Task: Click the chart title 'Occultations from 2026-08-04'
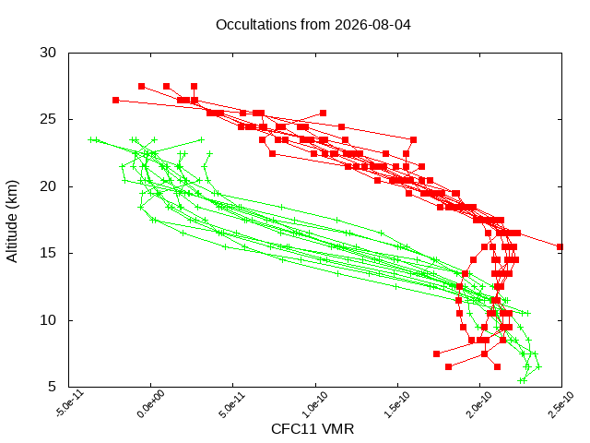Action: [x=313, y=25]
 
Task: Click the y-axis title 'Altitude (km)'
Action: [x=12, y=221]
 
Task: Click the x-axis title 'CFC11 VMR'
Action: [x=313, y=429]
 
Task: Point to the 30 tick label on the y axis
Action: [x=48, y=53]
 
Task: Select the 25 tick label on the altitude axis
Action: [x=48, y=119]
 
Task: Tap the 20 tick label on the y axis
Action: [x=48, y=186]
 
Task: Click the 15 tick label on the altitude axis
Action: [x=48, y=253]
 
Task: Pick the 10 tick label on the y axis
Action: [x=48, y=320]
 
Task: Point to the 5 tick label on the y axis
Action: [x=52, y=387]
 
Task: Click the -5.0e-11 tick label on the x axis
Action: [x=70, y=404]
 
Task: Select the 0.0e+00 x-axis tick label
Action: [x=150, y=404]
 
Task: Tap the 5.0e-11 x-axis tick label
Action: [x=232, y=404]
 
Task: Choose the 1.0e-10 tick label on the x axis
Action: [x=314, y=404]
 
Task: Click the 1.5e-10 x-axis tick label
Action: [x=396, y=404]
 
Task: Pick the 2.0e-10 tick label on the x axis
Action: [x=479, y=404]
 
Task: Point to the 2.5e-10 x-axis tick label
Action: [x=561, y=404]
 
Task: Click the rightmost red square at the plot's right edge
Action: [x=560, y=246]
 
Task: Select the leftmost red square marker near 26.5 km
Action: [x=115, y=101]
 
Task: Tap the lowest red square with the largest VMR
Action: [x=497, y=367]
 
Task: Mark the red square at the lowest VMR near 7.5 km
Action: [x=436, y=353]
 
